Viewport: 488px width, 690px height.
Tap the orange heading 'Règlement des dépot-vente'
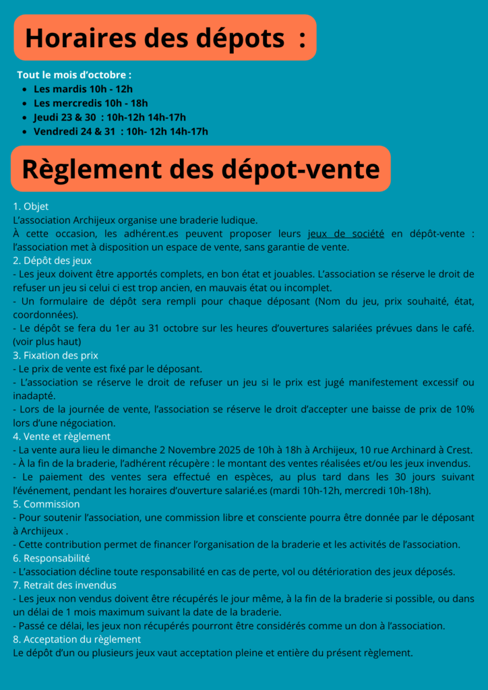pyautogui.click(x=200, y=168)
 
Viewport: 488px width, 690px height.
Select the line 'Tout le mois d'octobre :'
pyautogui.click(x=74, y=74)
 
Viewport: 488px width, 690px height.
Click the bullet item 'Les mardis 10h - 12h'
pyautogui.click(x=83, y=88)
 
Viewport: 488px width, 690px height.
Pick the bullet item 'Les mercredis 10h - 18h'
pyautogui.click(x=90, y=102)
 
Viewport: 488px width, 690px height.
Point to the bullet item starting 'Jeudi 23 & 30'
pyautogui.click(x=109, y=117)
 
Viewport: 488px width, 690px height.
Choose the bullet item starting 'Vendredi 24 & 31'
pyautogui.click(x=120, y=131)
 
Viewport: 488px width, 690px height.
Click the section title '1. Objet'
pyautogui.click(x=31, y=206)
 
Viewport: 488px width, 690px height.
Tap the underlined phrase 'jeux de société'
pyautogui.click(x=346, y=233)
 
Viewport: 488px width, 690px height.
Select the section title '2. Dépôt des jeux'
pyautogui.click(x=53, y=260)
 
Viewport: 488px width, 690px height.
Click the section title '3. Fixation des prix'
pyautogui.click(x=55, y=355)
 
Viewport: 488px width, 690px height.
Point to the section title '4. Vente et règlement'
pyautogui.click(x=61, y=436)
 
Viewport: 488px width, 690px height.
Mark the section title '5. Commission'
pyautogui.click(x=46, y=504)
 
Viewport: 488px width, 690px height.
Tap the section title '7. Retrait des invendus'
pyautogui.click(x=65, y=585)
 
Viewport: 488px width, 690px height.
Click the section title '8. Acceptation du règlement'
pyautogui.click(x=77, y=639)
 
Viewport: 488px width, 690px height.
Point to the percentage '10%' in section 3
pyautogui.click(x=464, y=409)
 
